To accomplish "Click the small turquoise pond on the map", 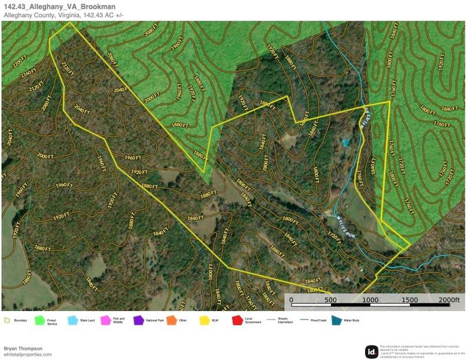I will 345,142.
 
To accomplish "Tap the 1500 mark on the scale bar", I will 409,300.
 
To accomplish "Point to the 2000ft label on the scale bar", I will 449,300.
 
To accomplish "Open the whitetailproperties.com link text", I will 27,354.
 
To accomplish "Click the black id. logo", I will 371,351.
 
